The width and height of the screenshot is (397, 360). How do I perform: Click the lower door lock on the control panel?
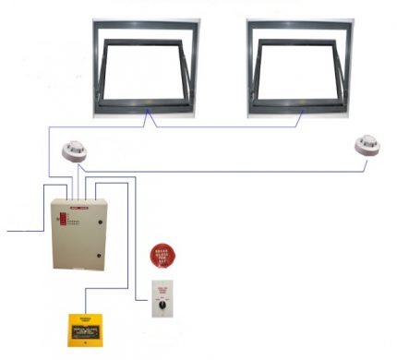click(x=99, y=254)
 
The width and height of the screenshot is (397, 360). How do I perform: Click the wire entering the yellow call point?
click(x=87, y=300)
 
